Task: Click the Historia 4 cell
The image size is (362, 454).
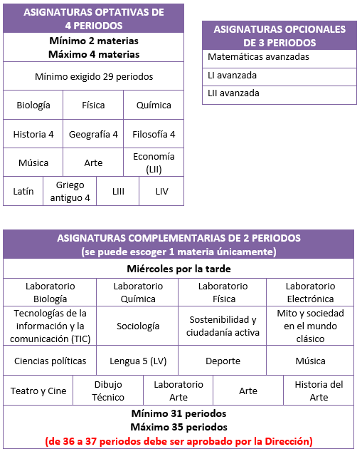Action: pyautogui.click(x=33, y=134)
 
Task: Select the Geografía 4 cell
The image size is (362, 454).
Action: pyautogui.click(x=93, y=134)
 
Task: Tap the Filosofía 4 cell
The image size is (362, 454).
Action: pyautogui.click(x=154, y=134)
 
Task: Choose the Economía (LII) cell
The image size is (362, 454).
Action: pyautogui.click(x=154, y=162)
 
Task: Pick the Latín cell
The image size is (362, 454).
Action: pyautogui.click(x=23, y=191)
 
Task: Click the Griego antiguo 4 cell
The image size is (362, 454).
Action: pyautogui.click(x=70, y=191)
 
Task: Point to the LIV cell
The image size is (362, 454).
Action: pyautogui.click(x=161, y=191)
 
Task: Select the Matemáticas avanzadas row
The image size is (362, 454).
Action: pyautogui.click(x=279, y=57)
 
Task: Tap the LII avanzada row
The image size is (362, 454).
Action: pyautogui.click(x=279, y=93)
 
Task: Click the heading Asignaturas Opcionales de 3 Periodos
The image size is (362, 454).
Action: pyautogui.click(x=279, y=35)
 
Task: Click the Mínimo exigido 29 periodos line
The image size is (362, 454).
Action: pyautogui.click(x=93, y=76)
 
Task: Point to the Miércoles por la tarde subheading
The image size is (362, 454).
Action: pyautogui.click(x=179, y=269)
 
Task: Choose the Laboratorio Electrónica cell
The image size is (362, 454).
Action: pyautogui.click(x=310, y=292)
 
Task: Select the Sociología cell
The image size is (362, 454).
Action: pyautogui.click(x=138, y=326)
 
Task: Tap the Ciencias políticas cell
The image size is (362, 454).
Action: pyautogui.click(x=50, y=361)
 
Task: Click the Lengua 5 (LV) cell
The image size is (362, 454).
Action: pyautogui.click(x=138, y=361)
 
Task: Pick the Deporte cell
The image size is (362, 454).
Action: pyautogui.click(x=223, y=361)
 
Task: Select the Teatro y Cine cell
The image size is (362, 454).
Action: pyautogui.click(x=38, y=391)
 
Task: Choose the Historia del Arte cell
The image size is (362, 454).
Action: pyautogui.click(x=319, y=391)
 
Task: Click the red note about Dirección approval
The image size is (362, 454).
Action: pyautogui.click(x=179, y=441)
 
